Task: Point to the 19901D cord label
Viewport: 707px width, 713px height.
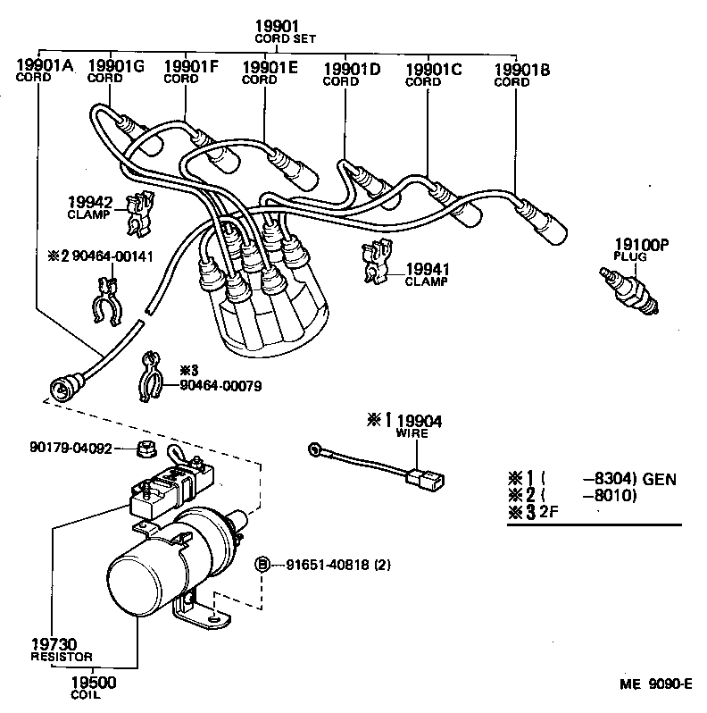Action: (x=351, y=69)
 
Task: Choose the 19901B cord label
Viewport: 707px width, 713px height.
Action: (x=522, y=70)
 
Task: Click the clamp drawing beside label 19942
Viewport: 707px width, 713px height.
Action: (x=137, y=214)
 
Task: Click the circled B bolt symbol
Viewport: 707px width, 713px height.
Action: (x=262, y=564)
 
